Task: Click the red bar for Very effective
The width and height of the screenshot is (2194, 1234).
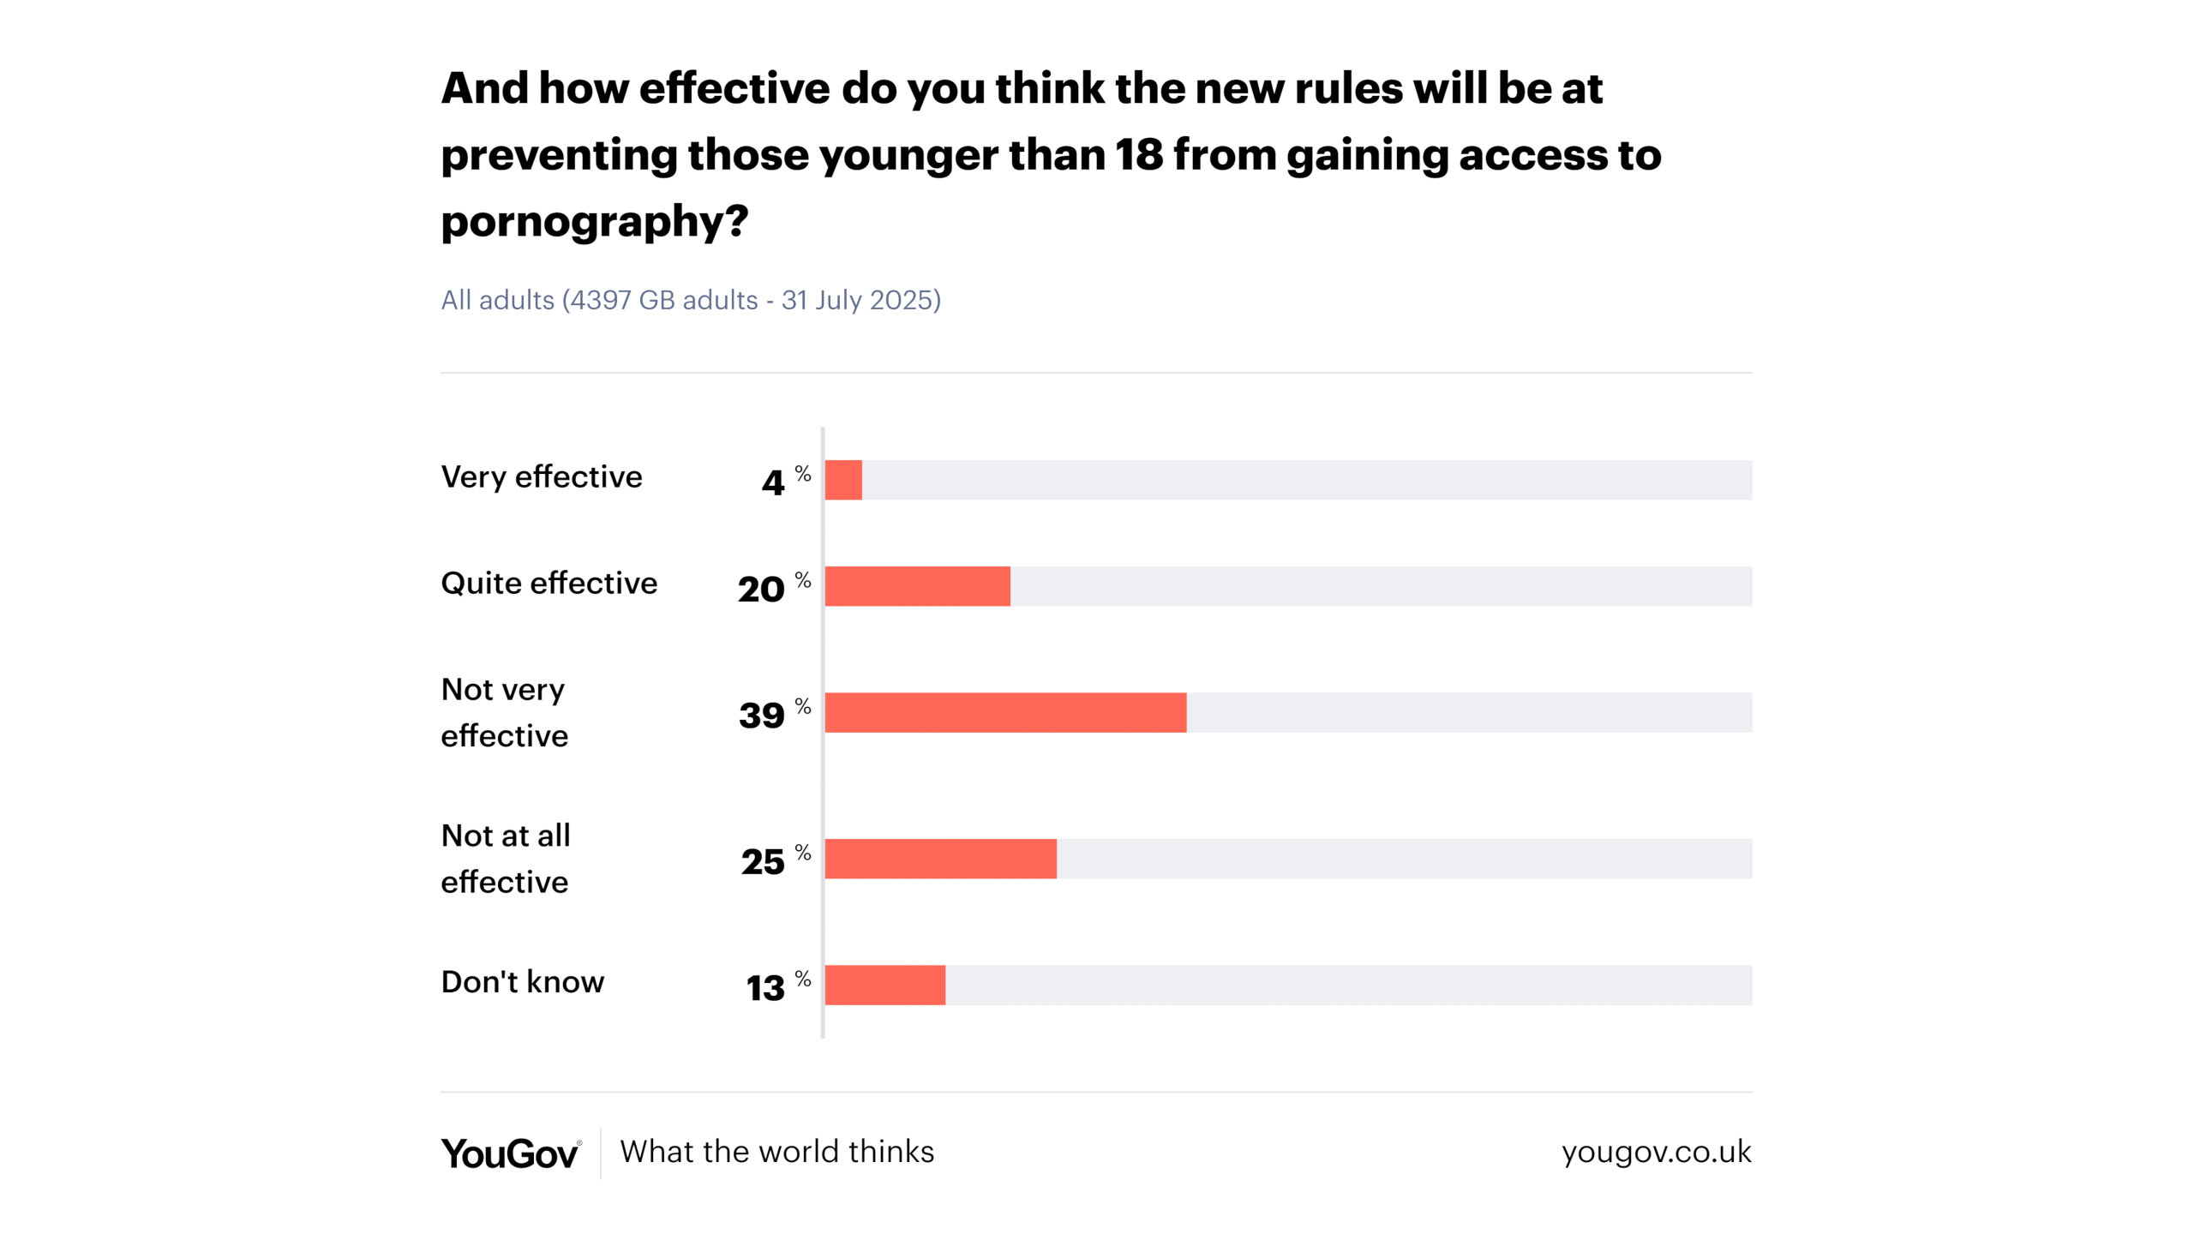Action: click(x=843, y=480)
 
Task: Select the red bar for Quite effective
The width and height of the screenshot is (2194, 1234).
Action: click(x=917, y=586)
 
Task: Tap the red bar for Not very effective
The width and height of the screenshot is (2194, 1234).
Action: click(x=1005, y=712)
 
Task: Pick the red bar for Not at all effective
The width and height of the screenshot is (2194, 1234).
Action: click(x=940, y=859)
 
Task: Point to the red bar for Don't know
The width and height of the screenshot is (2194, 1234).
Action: click(x=884, y=985)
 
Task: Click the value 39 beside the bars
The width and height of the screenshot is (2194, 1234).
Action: click(x=761, y=716)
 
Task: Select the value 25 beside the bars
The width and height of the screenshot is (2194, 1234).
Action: click(x=763, y=862)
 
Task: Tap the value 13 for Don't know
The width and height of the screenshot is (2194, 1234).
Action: click(x=764, y=988)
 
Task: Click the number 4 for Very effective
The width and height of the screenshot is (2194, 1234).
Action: click(x=773, y=483)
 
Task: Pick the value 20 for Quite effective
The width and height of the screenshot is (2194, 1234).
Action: click(x=761, y=590)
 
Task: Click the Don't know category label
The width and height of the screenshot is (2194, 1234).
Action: click(x=522, y=981)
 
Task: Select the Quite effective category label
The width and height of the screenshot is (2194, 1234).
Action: click(x=548, y=583)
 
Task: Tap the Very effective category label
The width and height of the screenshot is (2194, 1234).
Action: click(x=541, y=476)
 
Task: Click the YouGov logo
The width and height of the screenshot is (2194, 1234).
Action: click(x=511, y=1153)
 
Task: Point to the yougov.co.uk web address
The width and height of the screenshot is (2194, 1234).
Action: click(x=1656, y=1152)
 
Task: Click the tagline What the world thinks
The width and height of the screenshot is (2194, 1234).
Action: click(x=776, y=1152)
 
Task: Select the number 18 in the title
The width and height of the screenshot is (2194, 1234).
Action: click(x=1138, y=155)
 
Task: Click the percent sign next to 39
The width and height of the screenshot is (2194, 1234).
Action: click(x=803, y=706)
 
